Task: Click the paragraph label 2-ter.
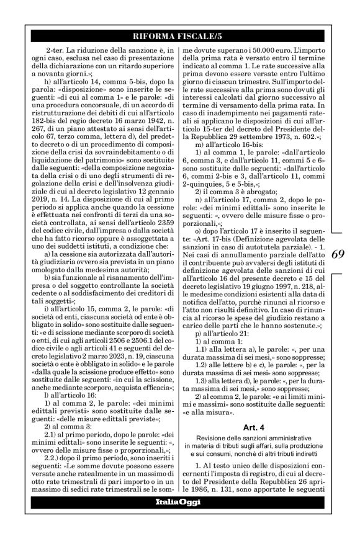(56, 48)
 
